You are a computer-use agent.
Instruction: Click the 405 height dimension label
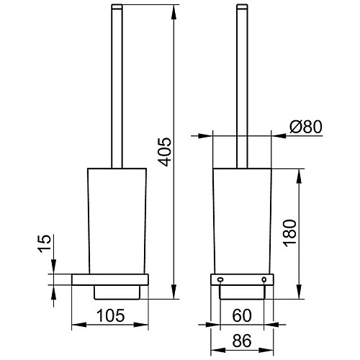(166, 152)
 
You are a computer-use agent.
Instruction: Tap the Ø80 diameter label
(305, 127)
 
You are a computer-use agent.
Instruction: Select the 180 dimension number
(290, 233)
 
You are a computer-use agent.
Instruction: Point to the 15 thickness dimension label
(45, 243)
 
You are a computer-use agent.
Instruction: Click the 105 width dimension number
(110, 315)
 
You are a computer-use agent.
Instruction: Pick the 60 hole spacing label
(242, 315)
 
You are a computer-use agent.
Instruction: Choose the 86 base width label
(242, 341)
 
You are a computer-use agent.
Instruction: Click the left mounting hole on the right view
(220, 279)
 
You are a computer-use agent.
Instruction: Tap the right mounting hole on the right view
(264, 279)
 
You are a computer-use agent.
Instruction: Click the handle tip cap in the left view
(117, 6)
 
